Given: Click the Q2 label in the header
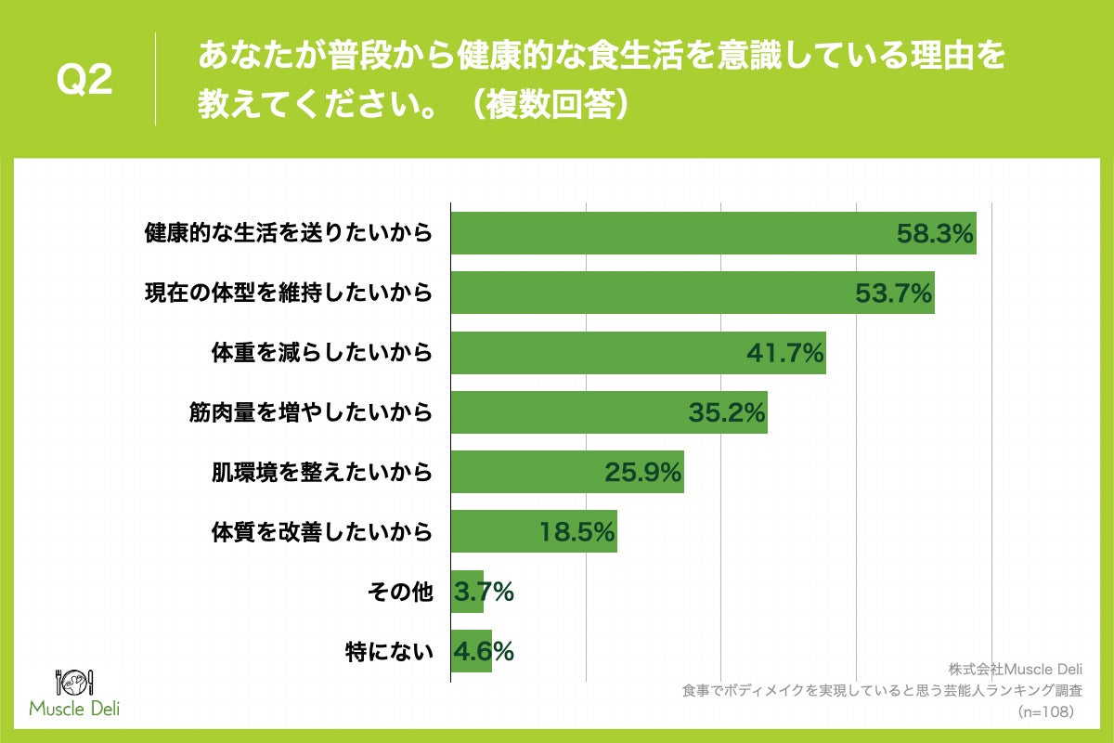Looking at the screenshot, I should tap(84, 80).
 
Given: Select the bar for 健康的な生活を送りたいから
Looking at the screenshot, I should tap(668, 233).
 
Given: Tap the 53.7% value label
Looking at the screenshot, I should tap(893, 293).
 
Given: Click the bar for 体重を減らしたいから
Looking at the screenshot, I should tap(594, 353).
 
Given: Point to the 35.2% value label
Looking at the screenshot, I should tap(726, 412).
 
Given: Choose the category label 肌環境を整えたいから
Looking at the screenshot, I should tap(322, 472).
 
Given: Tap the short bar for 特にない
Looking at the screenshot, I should tap(470, 651).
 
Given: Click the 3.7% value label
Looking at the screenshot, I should tap(484, 592).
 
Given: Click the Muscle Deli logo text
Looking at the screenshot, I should tap(74, 710).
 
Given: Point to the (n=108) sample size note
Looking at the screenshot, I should tap(1046, 711).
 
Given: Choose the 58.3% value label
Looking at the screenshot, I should tap(935, 233).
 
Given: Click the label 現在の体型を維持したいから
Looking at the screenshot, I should tap(288, 293).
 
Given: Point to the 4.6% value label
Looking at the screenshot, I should tap(484, 651).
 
